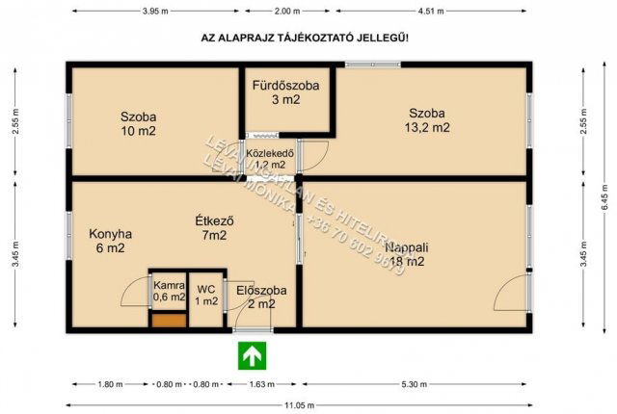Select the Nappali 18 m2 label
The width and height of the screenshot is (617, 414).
[404, 253]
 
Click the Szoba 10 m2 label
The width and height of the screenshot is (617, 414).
[139, 123]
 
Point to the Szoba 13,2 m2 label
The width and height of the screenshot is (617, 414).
[428, 118]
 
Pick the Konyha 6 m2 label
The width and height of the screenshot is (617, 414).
[110, 241]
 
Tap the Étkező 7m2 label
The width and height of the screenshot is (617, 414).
[214, 227]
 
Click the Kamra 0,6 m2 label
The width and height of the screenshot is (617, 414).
[169, 291]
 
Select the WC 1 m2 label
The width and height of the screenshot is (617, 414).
[206, 295]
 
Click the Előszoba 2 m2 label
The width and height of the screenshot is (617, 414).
[255, 297]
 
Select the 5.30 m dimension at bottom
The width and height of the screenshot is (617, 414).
[415, 384]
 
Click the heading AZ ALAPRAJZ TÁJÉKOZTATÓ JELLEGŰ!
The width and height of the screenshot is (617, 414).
[304, 38]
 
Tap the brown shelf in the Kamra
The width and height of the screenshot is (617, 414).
[167, 320]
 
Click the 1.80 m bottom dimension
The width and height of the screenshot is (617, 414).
[110, 384]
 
